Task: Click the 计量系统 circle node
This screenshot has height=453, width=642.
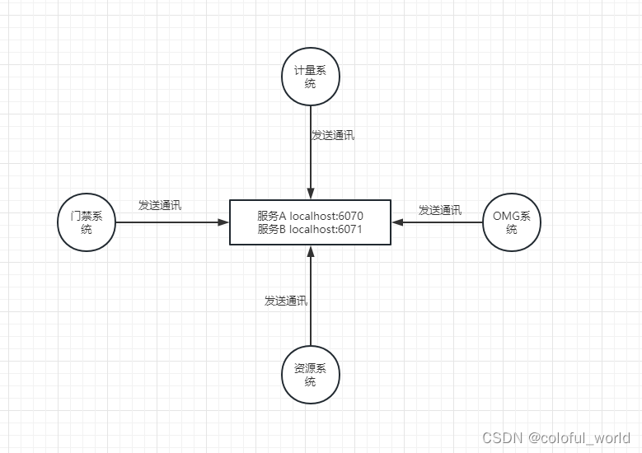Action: pyautogui.click(x=310, y=77)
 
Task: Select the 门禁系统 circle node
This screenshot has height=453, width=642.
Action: pyautogui.click(x=87, y=222)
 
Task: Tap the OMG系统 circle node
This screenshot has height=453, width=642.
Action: pyautogui.click(x=511, y=222)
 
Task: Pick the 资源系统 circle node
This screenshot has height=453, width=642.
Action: pyautogui.click(x=310, y=375)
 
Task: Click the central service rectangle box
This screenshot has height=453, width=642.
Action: pyautogui.click(x=310, y=222)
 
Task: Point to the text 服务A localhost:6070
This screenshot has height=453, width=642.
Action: pyautogui.click(x=310, y=216)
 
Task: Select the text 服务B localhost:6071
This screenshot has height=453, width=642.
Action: pyautogui.click(x=310, y=230)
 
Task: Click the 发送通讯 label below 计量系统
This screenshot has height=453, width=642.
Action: pyautogui.click(x=333, y=135)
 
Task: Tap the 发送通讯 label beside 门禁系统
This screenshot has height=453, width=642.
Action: pyautogui.click(x=160, y=205)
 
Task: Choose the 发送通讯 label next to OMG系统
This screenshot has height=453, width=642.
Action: pyautogui.click(x=439, y=210)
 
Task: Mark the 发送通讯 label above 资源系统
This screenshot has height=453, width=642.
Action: pyautogui.click(x=286, y=301)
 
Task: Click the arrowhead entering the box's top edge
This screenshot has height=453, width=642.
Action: pyautogui.click(x=310, y=194)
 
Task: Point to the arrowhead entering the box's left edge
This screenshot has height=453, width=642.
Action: pyautogui.click(x=223, y=222)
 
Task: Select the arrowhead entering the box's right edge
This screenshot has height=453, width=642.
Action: pyautogui.click(x=398, y=222)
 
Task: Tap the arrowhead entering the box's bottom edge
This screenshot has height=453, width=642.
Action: pyautogui.click(x=310, y=250)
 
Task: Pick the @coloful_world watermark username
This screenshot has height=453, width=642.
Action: pyautogui.click(x=579, y=437)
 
